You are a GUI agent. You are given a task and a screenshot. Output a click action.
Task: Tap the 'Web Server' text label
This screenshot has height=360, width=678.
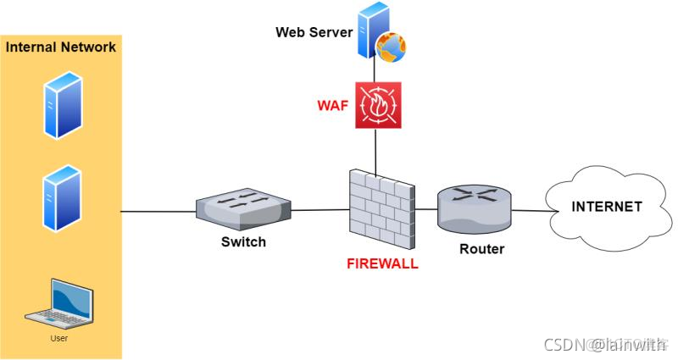313,32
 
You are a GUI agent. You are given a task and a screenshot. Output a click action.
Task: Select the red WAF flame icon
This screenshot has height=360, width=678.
378,106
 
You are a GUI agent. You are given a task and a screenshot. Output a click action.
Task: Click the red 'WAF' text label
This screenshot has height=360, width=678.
333,106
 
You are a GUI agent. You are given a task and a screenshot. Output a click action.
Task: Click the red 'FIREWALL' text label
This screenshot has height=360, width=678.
382,263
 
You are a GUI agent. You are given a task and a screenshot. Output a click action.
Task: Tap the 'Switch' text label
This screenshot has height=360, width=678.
243,241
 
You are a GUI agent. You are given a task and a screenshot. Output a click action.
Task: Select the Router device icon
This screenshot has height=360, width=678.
475,208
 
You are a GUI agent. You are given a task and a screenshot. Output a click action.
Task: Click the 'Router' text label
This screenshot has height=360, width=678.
481,249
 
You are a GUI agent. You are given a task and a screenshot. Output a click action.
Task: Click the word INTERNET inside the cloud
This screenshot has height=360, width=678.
606,207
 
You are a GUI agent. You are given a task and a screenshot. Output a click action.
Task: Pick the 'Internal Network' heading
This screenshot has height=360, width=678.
61,47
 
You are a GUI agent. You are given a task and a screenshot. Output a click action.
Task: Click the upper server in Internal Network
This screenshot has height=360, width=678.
62,104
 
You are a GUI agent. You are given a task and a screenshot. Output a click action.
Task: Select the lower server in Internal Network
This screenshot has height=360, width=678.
62,197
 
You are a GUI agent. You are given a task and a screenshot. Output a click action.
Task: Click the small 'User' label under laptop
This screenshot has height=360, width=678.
59,338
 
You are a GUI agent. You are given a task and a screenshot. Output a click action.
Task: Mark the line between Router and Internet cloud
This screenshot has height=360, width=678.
531,211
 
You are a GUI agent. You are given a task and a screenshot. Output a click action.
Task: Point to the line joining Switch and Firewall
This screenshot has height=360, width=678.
320,210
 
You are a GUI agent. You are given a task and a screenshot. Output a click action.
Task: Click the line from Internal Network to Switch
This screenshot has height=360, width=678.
158,211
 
